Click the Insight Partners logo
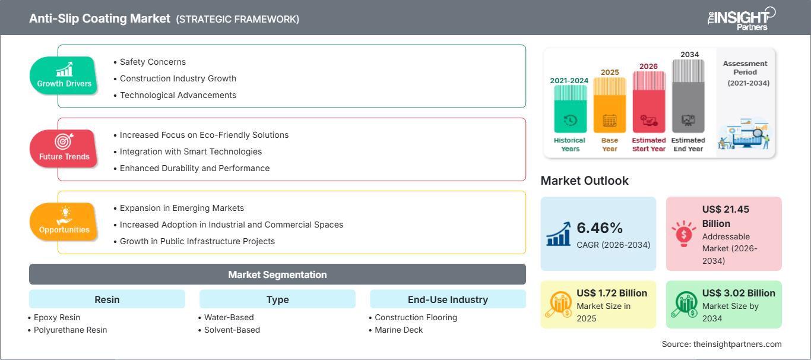[x=741, y=18]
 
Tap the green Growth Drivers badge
[x=64, y=75]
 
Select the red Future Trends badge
[x=64, y=149]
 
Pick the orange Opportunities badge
[x=64, y=222]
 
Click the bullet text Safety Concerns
[x=153, y=62]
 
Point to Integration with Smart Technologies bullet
[x=191, y=151]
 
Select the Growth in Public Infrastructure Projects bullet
[x=197, y=241]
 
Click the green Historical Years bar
[x=570, y=109]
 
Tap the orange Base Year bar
[x=610, y=105]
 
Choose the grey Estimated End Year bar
[x=688, y=96]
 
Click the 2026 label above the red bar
[x=648, y=67]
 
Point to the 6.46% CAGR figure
[x=600, y=228]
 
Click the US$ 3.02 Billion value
[x=739, y=293]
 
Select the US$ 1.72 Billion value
[x=612, y=293]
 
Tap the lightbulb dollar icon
[x=683, y=233]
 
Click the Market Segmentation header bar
[x=277, y=274]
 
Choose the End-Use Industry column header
[x=448, y=299]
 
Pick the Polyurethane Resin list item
[x=70, y=330]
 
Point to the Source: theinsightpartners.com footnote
[x=721, y=344]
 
